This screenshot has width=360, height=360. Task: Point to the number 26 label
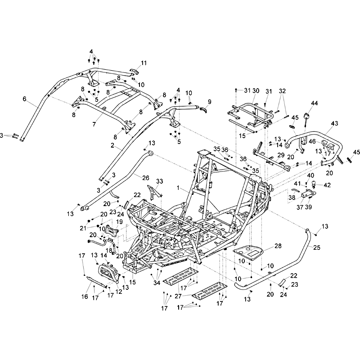(x=145, y=178)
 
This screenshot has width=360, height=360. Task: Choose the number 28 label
(x=278, y=246)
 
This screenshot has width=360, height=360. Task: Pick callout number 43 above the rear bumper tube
(x=334, y=123)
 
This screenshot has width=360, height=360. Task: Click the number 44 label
(x=314, y=103)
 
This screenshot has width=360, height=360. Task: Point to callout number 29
(x=280, y=155)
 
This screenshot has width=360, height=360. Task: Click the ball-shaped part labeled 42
(x=310, y=184)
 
